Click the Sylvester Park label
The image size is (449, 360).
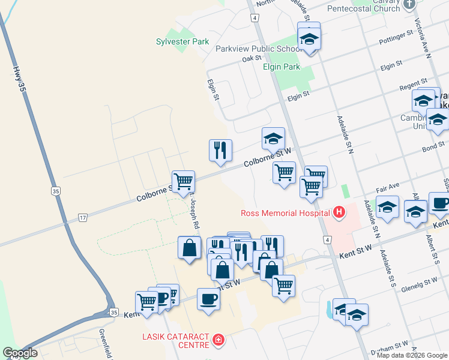point(182,41)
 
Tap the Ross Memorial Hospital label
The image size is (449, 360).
point(285,212)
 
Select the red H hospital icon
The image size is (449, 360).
point(339,212)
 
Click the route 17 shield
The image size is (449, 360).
point(83,218)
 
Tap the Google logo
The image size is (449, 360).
point(20,353)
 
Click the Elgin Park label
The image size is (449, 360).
point(282,67)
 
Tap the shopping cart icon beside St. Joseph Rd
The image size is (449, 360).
point(183,181)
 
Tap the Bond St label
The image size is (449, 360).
point(433,146)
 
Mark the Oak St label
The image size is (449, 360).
point(252,58)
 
